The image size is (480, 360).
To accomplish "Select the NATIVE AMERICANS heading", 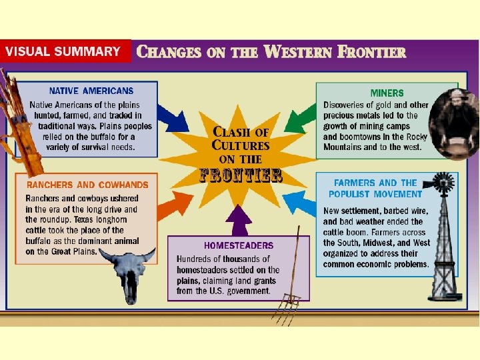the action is tap(91, 91).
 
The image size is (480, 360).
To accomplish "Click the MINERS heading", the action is tap(387, 93).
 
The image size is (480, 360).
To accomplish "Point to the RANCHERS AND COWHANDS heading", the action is tap(87, 185).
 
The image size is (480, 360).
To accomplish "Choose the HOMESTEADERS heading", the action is tap(238, 245).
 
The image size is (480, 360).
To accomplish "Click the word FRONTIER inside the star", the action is tap(241, 175).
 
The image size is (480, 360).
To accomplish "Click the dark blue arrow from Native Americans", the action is tap(175, 119).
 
